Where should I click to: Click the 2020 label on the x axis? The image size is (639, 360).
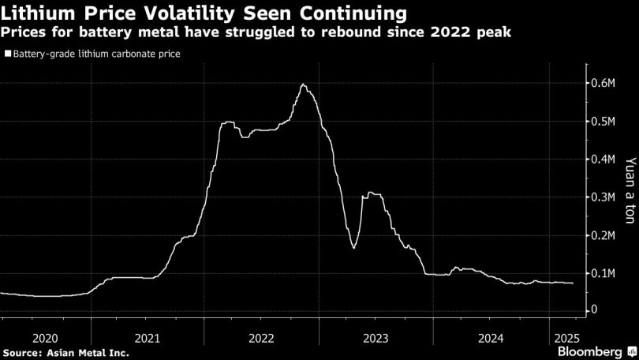(46, 337)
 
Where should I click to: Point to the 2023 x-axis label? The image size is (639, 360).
(375, 337)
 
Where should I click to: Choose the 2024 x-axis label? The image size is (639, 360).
(491, 337)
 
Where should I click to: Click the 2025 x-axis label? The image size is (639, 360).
(566, 337)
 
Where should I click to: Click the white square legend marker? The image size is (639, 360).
(7, 54)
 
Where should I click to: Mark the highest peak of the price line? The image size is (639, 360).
(303, 84)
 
